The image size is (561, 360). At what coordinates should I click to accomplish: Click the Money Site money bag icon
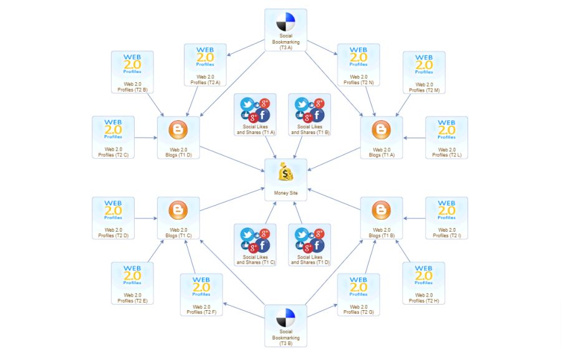[x=285, y=172]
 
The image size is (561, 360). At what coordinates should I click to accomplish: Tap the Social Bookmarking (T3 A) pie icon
[x=285, y=22]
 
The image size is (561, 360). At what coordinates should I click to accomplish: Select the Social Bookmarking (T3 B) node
[x=285, y=326]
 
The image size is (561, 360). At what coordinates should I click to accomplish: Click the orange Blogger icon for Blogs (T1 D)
[x=178, y=130]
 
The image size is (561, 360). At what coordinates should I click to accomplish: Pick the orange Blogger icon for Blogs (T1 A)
[x=381, y=130]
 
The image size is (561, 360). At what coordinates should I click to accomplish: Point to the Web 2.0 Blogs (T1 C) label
[x=178, y=233]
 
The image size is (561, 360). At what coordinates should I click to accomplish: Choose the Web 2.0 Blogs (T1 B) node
[x=381, y=218]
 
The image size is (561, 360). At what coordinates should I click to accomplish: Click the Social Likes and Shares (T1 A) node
[x=255, y=115]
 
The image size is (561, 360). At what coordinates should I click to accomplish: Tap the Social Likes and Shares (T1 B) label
[x=310, y=130]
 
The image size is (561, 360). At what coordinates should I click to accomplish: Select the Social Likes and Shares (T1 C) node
[x=255, y=245]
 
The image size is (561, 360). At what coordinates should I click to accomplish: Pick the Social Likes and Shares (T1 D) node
[x=309, y=245]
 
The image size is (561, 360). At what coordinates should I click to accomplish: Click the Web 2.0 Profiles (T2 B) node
[x=132, y=72]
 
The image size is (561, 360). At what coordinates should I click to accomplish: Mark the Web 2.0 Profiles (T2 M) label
[x=424, y=88]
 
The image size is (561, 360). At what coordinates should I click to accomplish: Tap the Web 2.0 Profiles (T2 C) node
[x=113, y=137]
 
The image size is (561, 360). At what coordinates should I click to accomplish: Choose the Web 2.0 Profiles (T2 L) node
[x=446, y=137]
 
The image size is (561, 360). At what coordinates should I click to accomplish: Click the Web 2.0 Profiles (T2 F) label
[x=201, y=310]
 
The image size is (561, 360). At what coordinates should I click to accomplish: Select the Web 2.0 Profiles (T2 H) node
[x=424, y=283]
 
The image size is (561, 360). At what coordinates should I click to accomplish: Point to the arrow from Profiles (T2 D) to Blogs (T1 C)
[x=146, y=218]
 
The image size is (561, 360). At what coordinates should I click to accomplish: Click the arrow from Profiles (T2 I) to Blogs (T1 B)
[x=415, y=218]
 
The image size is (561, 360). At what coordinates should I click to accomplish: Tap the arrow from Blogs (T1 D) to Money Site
[x=233, y=159]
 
